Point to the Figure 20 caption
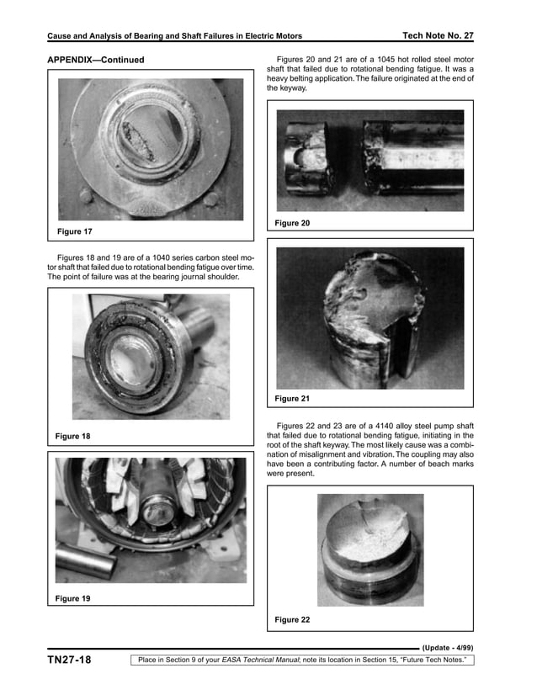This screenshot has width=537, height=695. [292, 223]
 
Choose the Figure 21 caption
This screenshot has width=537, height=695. [292, 398]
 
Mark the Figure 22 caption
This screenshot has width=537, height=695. [292, 620]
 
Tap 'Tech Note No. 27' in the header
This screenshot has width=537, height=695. [439, 35]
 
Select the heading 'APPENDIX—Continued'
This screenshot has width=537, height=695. [95, 60]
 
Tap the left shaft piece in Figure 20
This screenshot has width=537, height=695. [307, 160]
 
